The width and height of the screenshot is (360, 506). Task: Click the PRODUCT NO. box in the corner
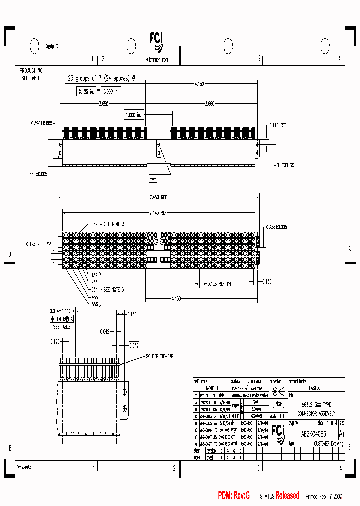31,71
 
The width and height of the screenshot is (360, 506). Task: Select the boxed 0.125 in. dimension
86,91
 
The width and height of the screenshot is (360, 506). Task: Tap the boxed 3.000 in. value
110,91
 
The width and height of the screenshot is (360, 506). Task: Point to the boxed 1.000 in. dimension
134,115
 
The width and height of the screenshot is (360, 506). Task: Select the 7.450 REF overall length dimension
159,198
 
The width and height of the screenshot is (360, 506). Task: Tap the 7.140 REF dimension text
159,213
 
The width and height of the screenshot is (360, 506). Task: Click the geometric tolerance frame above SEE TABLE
62,318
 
